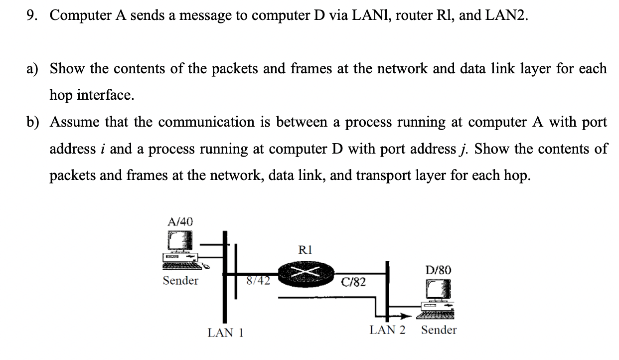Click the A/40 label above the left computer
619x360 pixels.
(x=180, y=221)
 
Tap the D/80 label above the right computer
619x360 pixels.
(x=439, y=270)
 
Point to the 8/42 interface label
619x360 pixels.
(x=259, y=280)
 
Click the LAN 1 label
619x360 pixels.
(x=225, y=333)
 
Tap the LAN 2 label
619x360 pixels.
(x=387, y=330)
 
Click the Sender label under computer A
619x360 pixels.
(x=180, y=281)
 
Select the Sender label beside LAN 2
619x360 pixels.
(x=439, y=330)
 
